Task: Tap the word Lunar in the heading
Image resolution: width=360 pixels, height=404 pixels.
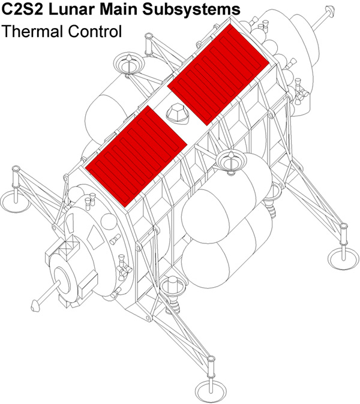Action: click(x=71, y=9)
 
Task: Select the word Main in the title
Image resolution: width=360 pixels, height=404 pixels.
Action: click(x=119, y=9)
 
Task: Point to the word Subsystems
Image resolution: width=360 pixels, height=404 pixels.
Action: click(x=191, y=10)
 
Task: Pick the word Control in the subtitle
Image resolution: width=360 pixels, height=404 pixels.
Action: click(x=95, y=32)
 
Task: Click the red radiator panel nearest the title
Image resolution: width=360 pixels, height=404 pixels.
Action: click(x=218, y=75)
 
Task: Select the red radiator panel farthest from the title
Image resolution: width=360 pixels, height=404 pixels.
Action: click(x=136, y=156)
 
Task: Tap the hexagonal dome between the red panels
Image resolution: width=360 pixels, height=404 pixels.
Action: click(x=178, y=113)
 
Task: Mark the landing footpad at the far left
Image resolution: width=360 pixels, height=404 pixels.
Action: click(x=15, y=200)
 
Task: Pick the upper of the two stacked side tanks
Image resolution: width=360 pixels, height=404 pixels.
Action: click(x=227, y=198)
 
